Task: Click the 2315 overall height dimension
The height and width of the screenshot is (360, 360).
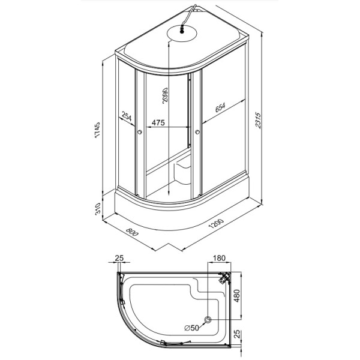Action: (x=258, y=120)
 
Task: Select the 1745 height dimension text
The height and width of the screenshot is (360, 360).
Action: (x=97, y=130)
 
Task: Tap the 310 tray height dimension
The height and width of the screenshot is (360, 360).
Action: (x=98, y=209)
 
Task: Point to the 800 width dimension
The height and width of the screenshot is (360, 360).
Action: (x=132, y=232)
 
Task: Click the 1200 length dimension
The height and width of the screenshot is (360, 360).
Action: (x=216, y=223)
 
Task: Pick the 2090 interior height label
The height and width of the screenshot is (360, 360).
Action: (x=165, y=95)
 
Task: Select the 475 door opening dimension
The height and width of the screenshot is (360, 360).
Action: (x=158, y=122)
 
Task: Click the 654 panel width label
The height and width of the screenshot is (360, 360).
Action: (x=220, y=107)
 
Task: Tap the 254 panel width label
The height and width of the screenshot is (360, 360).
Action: (x=127, y=116)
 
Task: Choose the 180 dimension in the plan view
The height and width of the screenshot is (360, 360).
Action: (x=219, y=258)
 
